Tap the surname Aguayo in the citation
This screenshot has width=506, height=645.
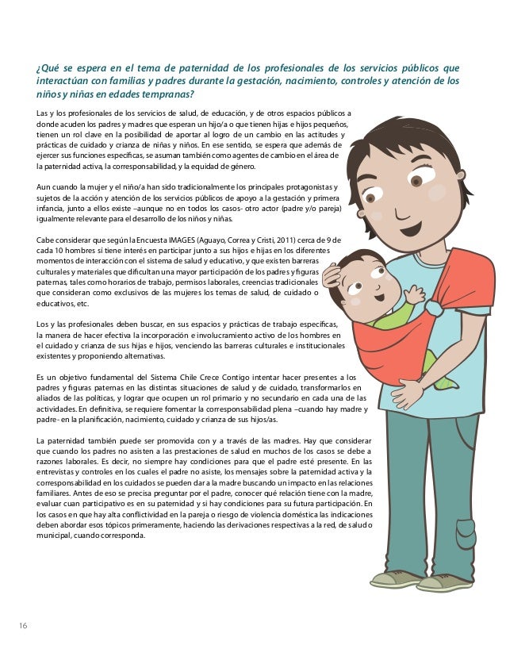pyautogui.click(x=218, y=240)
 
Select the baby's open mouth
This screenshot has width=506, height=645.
pyautogui.click(x=379, y=298)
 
